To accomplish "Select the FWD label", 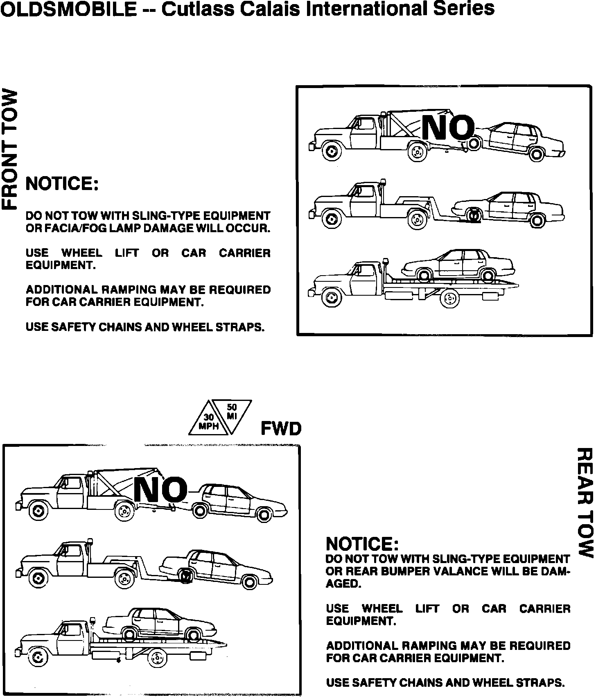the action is (281, 429).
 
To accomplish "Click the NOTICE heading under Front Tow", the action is (62, 184).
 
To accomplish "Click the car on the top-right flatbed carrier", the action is (458, 266).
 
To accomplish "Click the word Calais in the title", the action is (268, 9).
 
